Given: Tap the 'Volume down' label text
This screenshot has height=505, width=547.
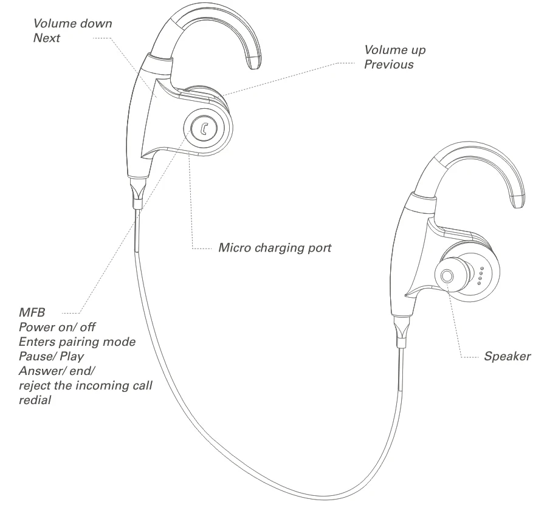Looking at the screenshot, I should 72,24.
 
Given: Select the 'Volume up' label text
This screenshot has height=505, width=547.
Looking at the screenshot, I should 394,50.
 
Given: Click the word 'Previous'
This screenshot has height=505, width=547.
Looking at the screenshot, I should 388,64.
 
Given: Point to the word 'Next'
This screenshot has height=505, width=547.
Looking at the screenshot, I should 47,38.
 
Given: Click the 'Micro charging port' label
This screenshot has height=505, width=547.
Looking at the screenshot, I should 275,248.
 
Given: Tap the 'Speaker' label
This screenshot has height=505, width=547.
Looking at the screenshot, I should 507,357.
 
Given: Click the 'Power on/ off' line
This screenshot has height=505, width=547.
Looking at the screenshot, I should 57,328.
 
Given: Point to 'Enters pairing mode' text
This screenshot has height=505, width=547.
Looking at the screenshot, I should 77,342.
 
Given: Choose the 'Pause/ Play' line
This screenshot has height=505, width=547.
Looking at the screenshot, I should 51,357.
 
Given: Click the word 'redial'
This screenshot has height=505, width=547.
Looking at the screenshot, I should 35,400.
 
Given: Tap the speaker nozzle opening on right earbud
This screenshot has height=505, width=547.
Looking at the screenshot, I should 447,275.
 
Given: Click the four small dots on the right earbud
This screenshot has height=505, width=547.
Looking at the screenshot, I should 480,275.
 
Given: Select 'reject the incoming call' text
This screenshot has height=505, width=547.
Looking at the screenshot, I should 85,386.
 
